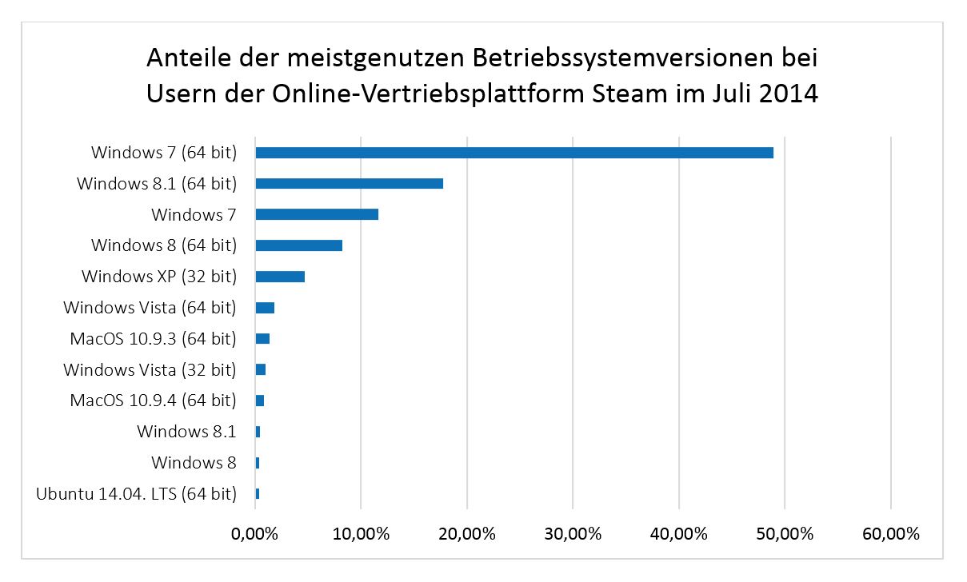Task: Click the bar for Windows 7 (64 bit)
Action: (x=513, y=153)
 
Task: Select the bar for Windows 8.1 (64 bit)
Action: (x=349, y=184)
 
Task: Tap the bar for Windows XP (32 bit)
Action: (x=280, y=277)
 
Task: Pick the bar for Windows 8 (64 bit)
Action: (x=298, y=245)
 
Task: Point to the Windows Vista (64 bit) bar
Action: (x=265, y=308)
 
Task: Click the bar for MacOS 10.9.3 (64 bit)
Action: (x=262, y=339)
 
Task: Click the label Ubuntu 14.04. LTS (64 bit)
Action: (x=136, y=494)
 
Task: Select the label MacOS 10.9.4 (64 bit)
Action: (x=153, y=401)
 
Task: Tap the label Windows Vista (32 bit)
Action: (x=150, y=369)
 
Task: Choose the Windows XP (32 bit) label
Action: (x=159, y=277)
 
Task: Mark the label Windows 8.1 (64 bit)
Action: (x=157, y=184)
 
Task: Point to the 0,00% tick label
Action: (x=255, y=534)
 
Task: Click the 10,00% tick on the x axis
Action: (x=361, y=534)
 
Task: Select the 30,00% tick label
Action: (x=573, y=534)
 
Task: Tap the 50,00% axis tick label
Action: (x=785, y=534)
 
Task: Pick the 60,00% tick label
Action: (x=890, y=534)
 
